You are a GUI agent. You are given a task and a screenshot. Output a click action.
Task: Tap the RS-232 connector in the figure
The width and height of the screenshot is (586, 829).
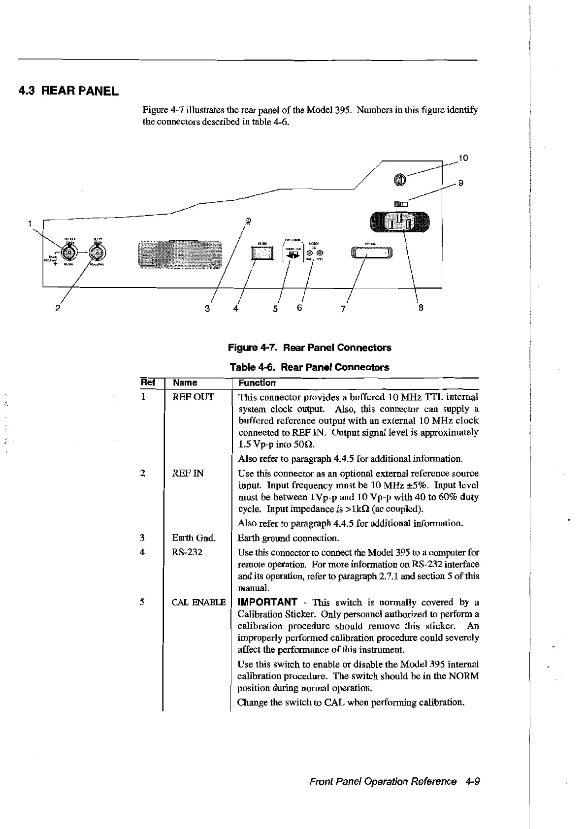[261, 254]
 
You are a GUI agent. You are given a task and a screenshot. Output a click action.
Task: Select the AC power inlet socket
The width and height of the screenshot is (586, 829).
[400, 221]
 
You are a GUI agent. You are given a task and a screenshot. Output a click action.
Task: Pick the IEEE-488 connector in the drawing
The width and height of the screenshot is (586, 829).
[372, 253]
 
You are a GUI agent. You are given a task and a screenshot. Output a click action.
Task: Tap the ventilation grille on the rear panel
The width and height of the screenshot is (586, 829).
[180, 255]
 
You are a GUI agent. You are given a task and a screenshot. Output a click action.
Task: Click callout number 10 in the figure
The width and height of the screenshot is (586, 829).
[462, 158]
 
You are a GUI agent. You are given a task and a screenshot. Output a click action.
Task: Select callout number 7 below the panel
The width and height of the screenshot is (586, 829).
[343, 309]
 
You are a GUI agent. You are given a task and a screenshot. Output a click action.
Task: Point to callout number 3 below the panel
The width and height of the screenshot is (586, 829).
[207, 309]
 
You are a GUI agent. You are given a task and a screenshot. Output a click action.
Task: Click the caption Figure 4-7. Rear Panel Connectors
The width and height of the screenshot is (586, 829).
[310, 348]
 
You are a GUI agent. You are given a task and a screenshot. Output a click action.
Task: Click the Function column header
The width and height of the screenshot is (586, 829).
[257, 383]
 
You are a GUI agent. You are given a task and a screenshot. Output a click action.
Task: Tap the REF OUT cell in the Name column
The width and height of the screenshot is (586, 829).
[193, 397]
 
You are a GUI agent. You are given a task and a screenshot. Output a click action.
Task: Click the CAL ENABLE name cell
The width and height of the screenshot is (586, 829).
[198, 602]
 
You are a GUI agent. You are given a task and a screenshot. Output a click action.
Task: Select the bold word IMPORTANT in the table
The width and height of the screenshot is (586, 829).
[267, 602]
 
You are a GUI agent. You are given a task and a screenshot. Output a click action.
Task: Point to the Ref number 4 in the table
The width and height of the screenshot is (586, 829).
[142, 552]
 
